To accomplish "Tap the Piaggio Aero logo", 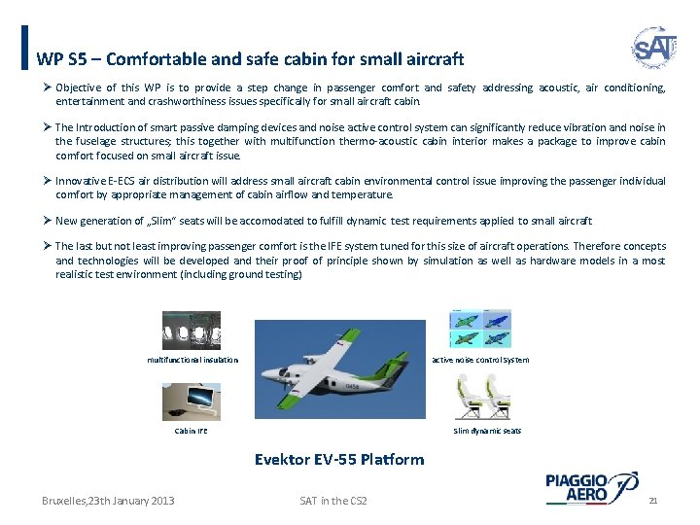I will click(591, 487).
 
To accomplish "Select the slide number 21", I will click(653, 500).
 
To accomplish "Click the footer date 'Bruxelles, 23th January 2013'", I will click(108, 500).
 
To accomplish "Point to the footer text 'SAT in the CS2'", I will click(333, 500).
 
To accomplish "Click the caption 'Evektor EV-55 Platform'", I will click(338, 459).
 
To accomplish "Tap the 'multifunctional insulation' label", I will click(192, 360).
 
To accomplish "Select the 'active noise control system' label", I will click(480, 360).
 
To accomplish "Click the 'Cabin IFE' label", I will click(191, 430).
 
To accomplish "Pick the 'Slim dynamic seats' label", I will click(487, 430).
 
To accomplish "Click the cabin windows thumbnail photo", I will click(191, 330).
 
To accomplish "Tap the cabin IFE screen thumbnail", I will click(191, 400).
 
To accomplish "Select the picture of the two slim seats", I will click(483, 397).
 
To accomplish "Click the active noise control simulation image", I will click(480, 329).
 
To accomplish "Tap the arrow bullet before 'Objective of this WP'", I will click(46, 87).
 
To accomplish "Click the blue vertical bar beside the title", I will click(23, 47).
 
